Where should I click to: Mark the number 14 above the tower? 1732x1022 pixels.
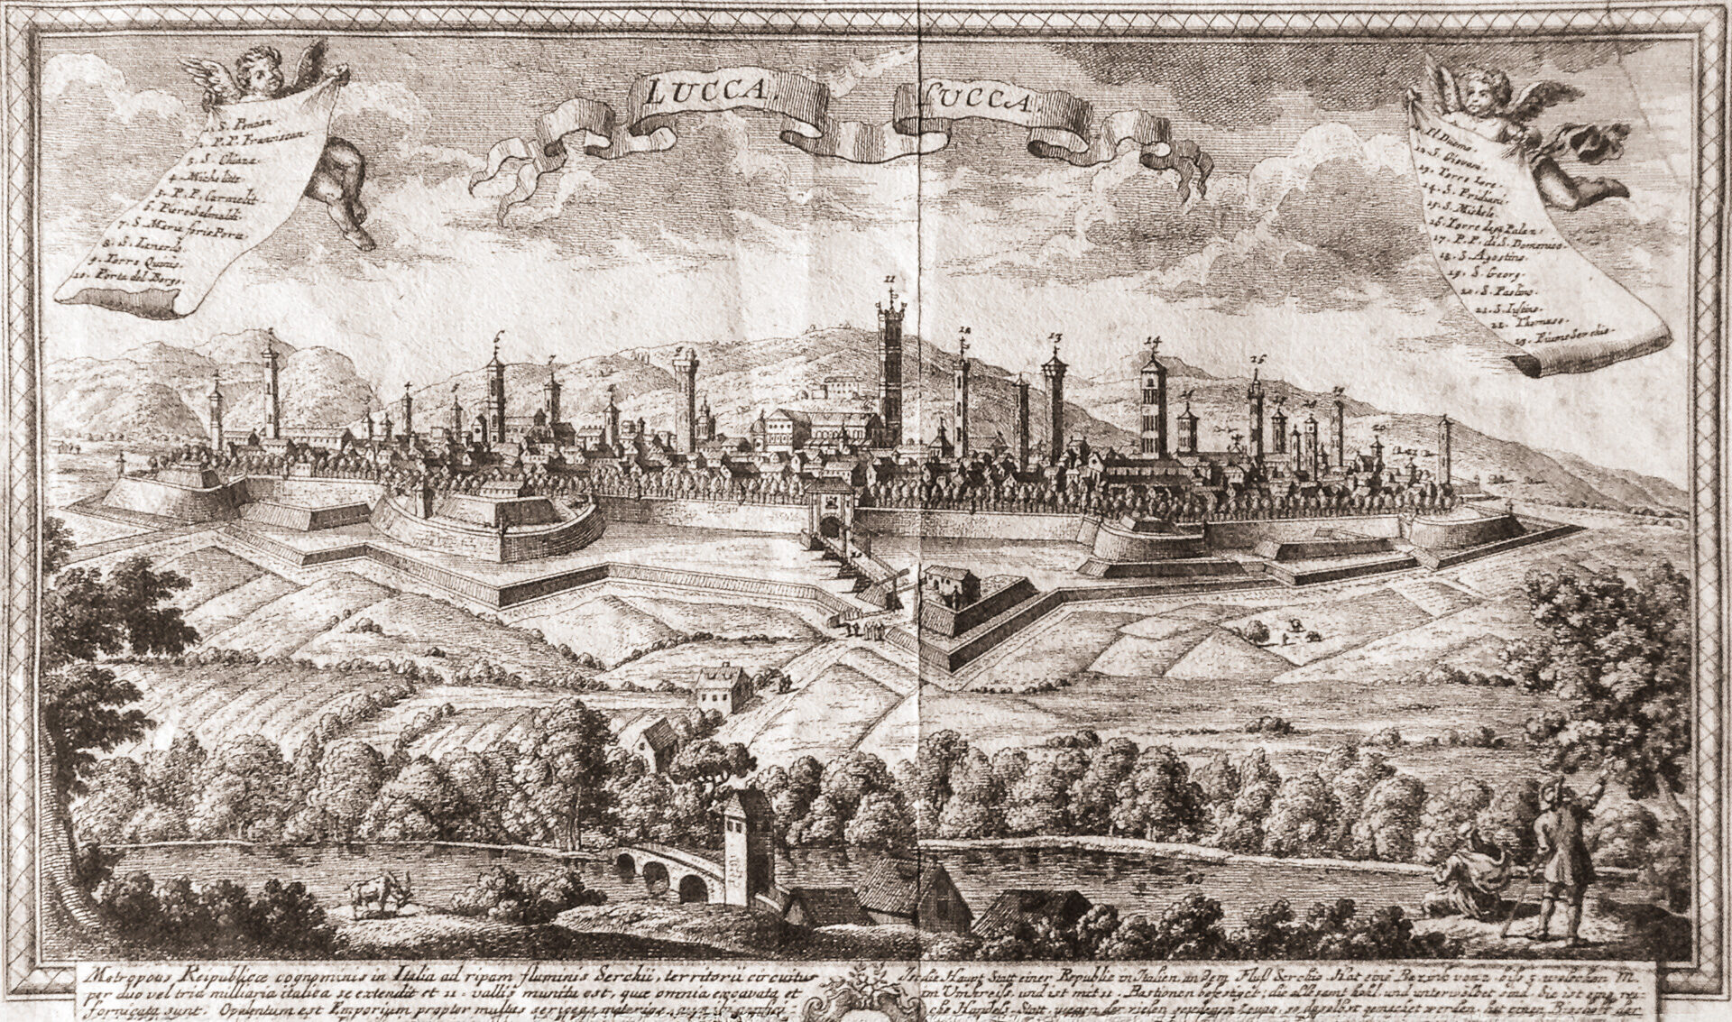point(1150,341)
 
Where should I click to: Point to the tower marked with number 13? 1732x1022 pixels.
point(1054,406)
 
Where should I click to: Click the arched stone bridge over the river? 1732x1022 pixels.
point(663,874)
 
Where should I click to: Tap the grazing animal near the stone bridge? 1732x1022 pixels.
point(375,893)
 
